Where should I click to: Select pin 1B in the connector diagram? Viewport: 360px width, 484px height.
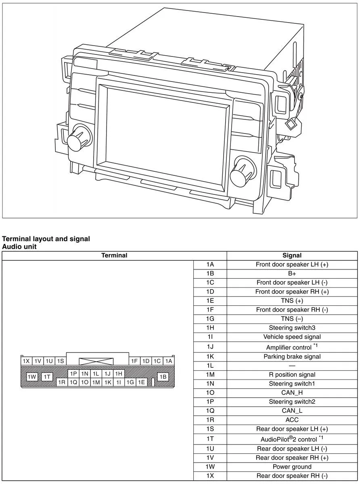pos(163,377)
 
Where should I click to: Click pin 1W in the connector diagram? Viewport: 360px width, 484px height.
pos(32,377)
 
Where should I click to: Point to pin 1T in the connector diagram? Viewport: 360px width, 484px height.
pos(47,377)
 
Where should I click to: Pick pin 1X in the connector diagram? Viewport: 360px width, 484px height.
pos(26,361)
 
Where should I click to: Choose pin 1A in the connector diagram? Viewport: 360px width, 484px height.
pos(169,361)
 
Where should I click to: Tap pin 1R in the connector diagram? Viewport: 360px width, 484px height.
pos(62,382)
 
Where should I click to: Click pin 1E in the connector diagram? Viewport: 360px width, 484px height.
pos(141,382)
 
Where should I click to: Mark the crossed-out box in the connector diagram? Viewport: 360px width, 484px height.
pos(96,362)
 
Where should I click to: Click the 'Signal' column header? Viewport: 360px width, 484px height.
pos(292,255)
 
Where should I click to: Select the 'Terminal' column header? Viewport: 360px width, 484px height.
pos(114,255)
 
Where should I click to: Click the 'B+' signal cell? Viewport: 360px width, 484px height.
pos(292,273)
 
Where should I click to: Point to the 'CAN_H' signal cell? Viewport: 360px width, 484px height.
pos(292,392)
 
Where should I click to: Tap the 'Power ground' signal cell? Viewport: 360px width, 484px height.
pos(292,467)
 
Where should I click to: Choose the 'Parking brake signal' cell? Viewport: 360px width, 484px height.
pos(292,357)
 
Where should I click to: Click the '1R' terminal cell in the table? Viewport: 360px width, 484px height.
pos(210,420)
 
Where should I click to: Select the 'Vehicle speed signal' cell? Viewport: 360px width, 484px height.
pos(292,337)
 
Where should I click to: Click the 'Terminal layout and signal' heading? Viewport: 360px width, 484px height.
pos(46,239)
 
